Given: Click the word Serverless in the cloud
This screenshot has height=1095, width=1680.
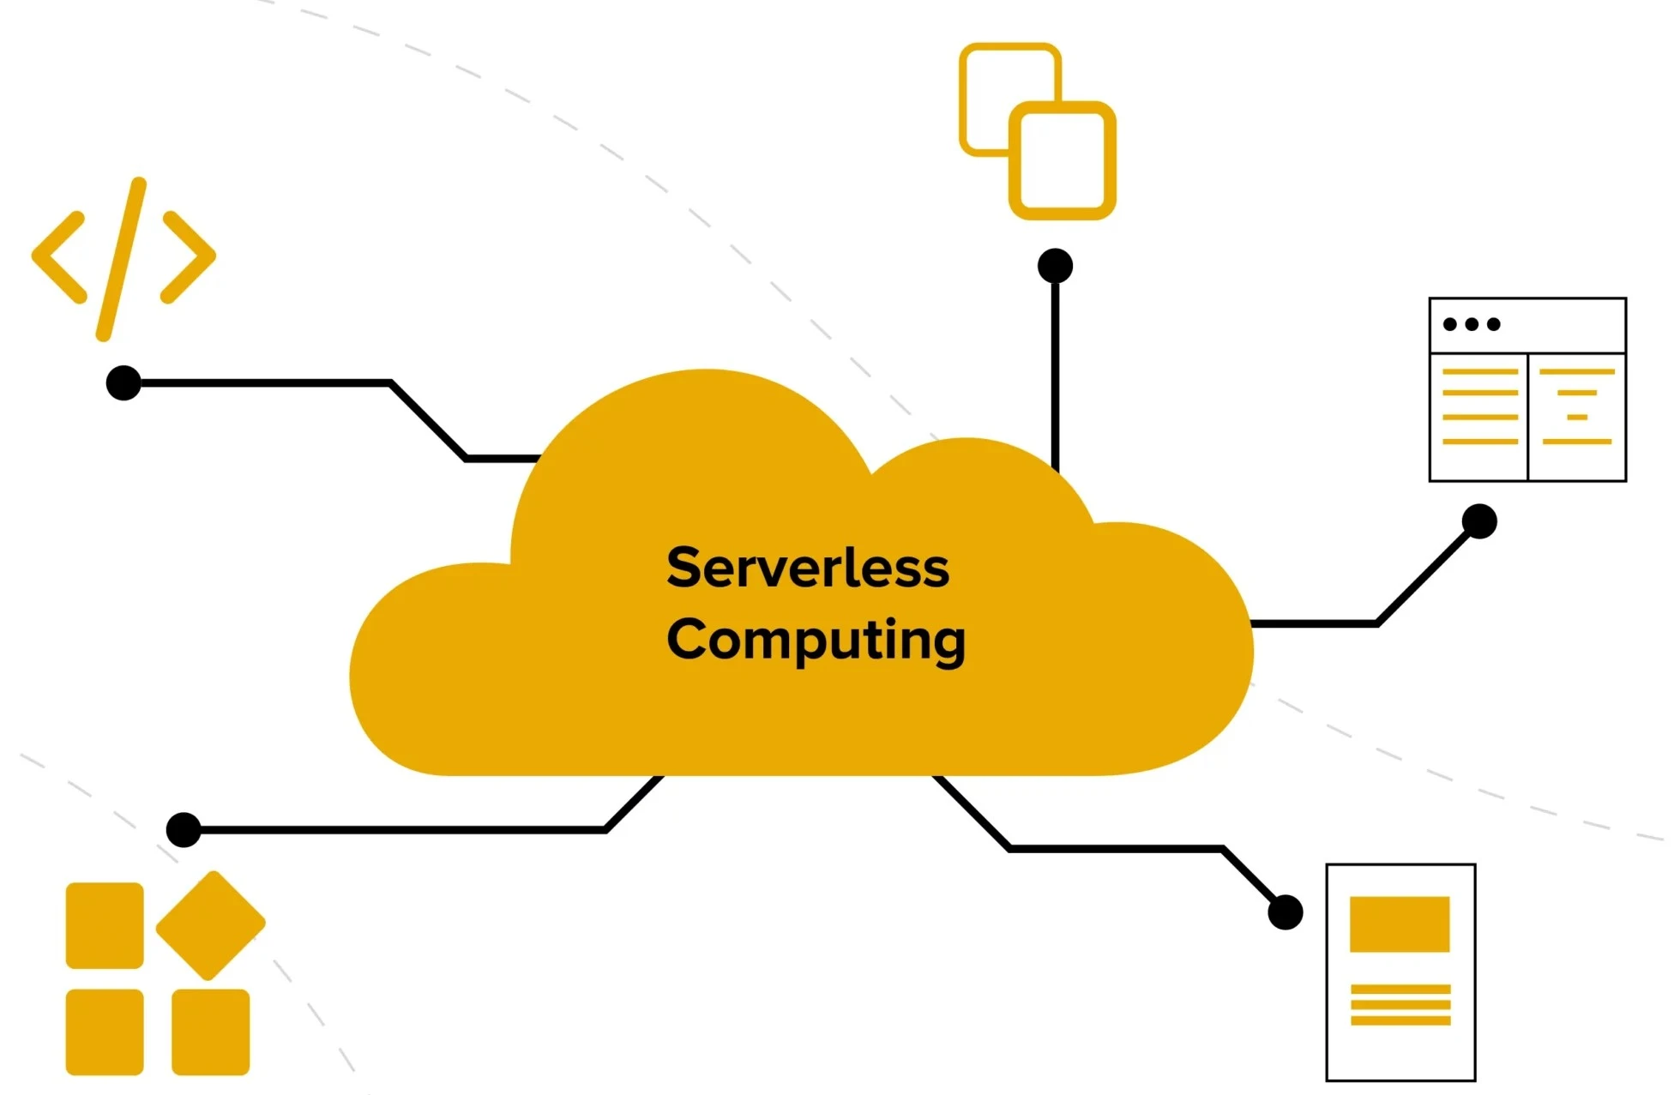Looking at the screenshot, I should pyautogui.click(x=808, y=568).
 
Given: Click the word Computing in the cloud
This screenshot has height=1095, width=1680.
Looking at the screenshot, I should pyautogui.click(x=816, y=641).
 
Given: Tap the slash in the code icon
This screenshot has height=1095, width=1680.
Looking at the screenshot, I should pyautogui.click(x=122, y=259).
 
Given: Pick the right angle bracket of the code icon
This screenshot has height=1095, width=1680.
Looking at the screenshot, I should pyautogui.click(x=189, y=256).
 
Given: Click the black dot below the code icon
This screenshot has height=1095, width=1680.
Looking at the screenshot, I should pyautogui.click(x=123, y=382).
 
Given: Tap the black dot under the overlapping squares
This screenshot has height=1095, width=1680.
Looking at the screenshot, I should pyautogui.click(x=1055, y=266).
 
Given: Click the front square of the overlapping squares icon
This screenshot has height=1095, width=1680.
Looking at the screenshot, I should pyautogui.click(x=1063, y=160).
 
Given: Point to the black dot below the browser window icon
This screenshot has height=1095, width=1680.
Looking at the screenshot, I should pyautogui.click(x=1479, y=521).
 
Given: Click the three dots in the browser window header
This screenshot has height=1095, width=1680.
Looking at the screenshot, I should pyautogui.click(x=1472, y=324).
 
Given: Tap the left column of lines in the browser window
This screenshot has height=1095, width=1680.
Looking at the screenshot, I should pyautogui.click(x=1480, y=406).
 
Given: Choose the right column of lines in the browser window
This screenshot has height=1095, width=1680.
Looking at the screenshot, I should pyautogui.click(x=1576, y=406).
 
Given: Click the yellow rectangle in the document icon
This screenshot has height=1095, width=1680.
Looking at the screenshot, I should pyautogui.click(x=1400, y=924).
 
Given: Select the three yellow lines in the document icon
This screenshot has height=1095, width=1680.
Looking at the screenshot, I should pyautogui.click(x=1400, y=1005).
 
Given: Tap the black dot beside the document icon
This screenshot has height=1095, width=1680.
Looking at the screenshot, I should pyautogui.click(x=1285, y=912).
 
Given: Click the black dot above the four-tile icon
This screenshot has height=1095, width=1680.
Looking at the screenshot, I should pyautogui.click(x=184, y=830).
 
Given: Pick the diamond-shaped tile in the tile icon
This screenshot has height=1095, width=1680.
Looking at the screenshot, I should pyautogui.click(x=211, y=925).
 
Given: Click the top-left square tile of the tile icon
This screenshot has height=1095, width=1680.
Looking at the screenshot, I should pyautogui.click(x=105, y=925).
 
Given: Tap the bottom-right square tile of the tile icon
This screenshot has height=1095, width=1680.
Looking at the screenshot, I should pyautogui.click(x=211, y=1032).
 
